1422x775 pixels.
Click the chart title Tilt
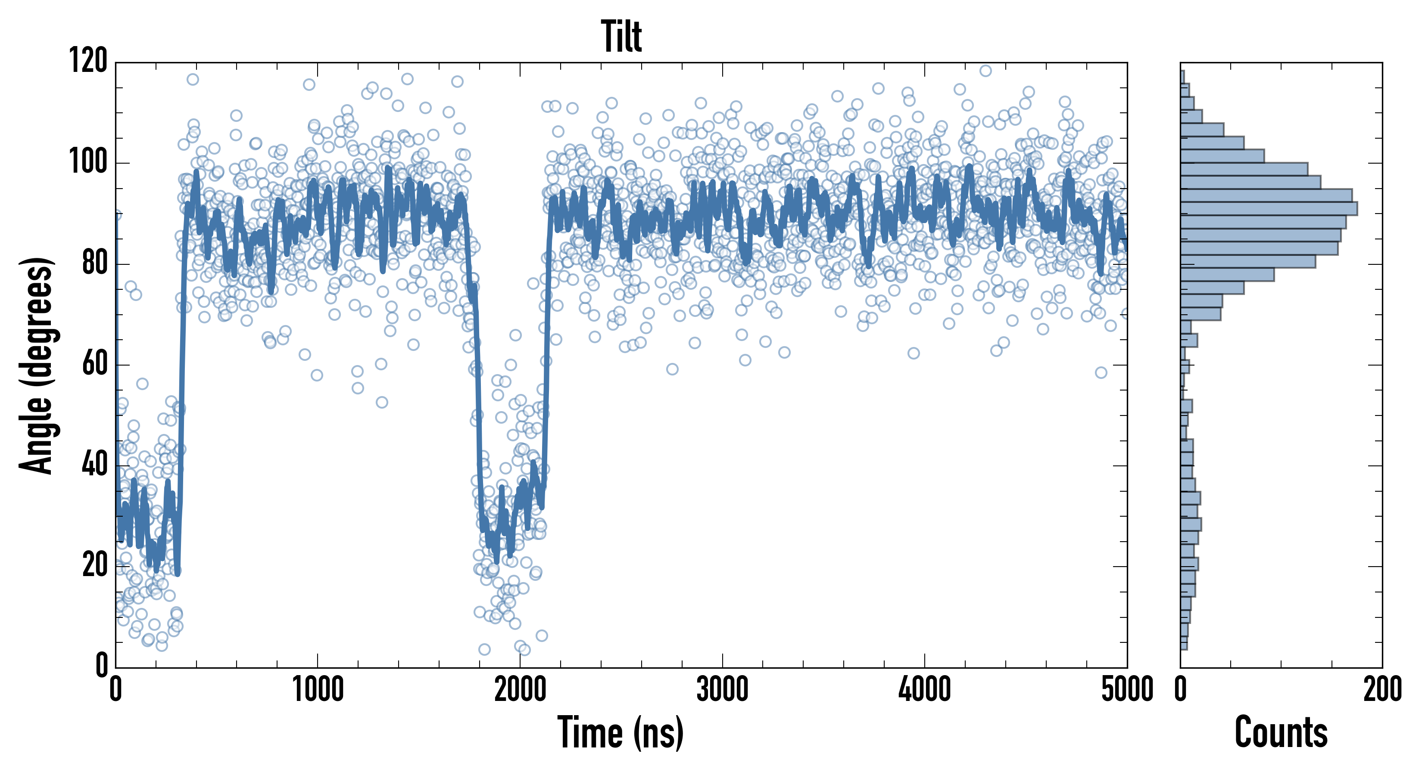coord(621,37)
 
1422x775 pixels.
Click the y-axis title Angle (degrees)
coord(37,365)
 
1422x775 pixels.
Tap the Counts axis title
coord(1281,732)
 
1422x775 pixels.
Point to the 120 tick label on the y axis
coord(88,61)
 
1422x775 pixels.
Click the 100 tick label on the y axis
coord(88,162)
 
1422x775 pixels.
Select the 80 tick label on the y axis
coord(94,263)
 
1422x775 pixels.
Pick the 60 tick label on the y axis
coord(94,364)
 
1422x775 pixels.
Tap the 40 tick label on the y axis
coord(94,465)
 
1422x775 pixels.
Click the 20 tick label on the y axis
coord(94,565)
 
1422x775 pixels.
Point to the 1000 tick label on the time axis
coord(318,689)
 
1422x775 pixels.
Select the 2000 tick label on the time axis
coord(520,689)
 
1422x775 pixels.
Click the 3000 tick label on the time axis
coord(722,689)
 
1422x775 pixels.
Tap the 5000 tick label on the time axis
coord(1127,689)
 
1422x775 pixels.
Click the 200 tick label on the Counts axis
coord(1382,689)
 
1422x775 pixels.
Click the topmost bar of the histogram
coord(1182,77)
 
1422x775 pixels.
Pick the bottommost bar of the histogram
coord(1184,643)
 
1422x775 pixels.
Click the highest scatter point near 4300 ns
coord(985,71)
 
